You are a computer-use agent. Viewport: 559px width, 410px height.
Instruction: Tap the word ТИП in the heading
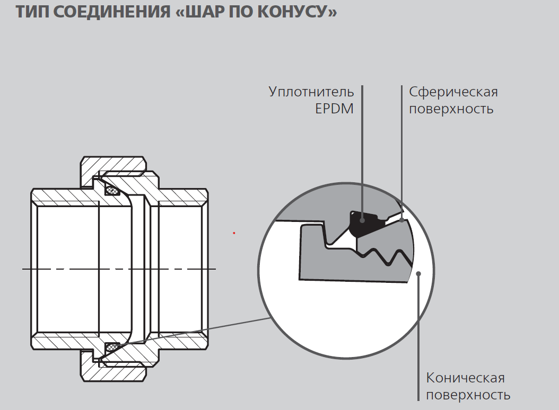[x=33, y=12]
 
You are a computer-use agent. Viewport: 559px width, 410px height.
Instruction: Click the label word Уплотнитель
[x=311, y=92]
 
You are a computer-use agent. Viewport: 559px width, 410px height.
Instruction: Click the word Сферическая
[x=453, y=92]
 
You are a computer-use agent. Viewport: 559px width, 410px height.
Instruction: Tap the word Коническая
[x=466, y=378]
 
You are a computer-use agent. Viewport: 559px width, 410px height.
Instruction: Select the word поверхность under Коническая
[x=468, y=395]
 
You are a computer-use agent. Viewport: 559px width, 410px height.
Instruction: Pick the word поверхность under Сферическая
[x=451, y=109]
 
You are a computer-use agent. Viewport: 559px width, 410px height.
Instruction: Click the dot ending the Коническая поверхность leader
[x=418, y=274]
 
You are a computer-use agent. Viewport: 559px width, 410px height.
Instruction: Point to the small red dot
[x=234, y=233]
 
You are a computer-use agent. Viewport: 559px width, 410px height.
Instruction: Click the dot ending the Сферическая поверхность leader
[x=402, y=219]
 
